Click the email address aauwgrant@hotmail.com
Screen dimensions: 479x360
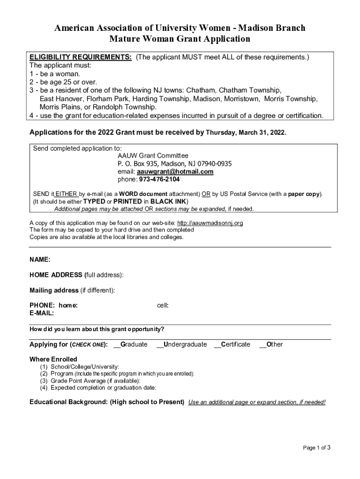175,172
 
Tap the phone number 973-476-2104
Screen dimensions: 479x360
159,180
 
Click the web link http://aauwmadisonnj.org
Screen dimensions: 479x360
210,223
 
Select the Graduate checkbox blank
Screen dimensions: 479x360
117,345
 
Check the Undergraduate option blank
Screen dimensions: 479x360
160,345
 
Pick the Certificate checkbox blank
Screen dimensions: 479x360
217,345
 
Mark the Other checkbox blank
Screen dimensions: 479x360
263,345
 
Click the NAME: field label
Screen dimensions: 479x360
40,260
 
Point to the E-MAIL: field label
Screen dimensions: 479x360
42,313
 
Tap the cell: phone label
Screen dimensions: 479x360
163,305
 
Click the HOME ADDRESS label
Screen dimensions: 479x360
56,275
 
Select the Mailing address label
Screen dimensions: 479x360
54,290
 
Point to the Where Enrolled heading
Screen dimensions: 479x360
53,359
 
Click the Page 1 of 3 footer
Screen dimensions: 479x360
317,448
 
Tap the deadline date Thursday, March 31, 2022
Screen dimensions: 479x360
246,132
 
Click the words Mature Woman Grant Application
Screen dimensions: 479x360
180,39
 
